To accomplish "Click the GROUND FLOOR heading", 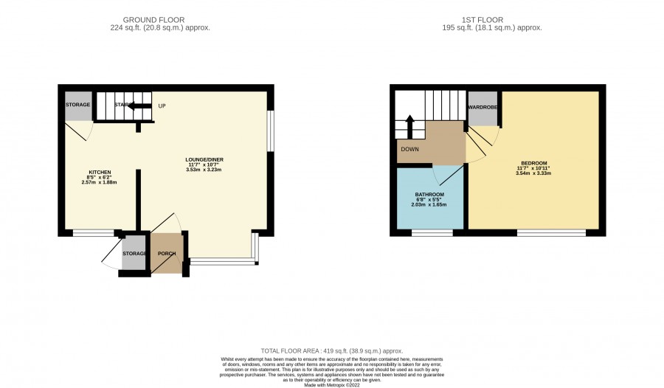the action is (153, 20).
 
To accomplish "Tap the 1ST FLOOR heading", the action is (483, 20).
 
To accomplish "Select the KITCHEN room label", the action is (99, 173).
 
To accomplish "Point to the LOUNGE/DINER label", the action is (204, 159).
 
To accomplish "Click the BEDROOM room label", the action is (533, 163).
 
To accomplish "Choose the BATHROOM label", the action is (429, 195).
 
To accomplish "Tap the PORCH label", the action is (167, 254).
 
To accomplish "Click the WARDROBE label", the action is (483, 108).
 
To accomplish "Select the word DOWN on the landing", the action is (409, 149).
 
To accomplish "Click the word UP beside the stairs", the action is (162, 106).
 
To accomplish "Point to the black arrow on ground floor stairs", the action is (139, 106).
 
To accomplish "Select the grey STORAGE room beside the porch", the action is (134, 253).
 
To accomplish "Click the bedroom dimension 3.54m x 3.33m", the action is (533, 173).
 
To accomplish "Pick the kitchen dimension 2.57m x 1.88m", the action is (99, 182).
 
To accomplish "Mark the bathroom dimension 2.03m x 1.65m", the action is (429, 204).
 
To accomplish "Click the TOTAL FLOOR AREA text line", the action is (332, 350).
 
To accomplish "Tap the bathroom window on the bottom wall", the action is (432, 232).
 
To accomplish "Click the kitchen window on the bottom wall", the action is (93, 232).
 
